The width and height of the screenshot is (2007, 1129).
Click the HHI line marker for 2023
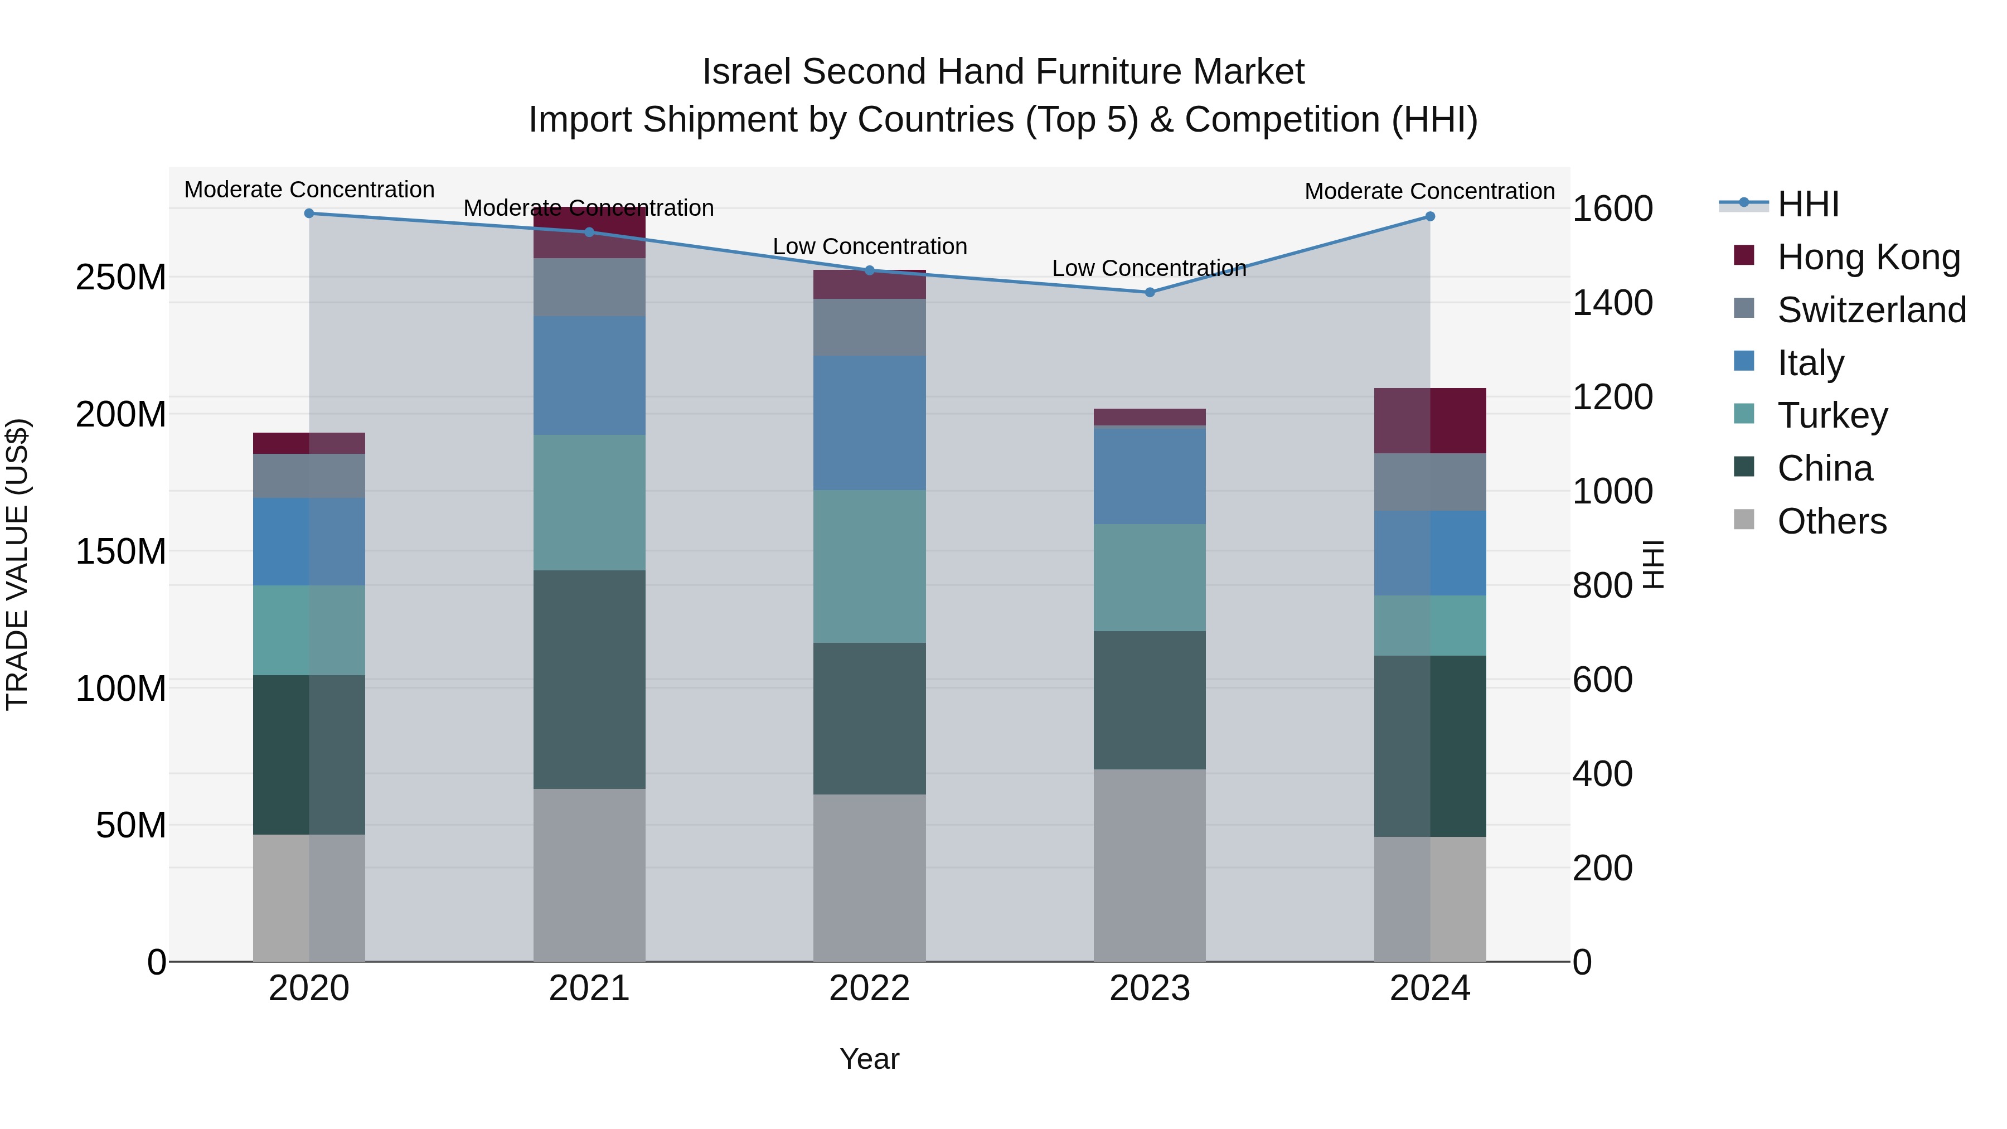tap(1149, 292)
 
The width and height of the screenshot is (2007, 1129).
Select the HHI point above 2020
tap(309, 213)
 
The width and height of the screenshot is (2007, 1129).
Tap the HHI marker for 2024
tap(1429, 217)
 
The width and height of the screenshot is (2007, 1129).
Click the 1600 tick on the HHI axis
tap(1612, 209)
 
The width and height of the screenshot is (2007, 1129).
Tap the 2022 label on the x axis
tap(870, 989)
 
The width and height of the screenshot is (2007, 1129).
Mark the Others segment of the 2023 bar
tap(1149, 865)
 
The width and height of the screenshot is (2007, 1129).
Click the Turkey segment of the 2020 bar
tap(309, 629)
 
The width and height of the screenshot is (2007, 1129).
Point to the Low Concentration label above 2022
tap(870, 246)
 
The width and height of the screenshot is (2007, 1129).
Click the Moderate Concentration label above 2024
tap(1429, 191)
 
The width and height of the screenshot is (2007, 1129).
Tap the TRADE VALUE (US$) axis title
tap(17, 564)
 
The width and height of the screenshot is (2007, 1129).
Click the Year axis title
tap(870, 1059)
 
